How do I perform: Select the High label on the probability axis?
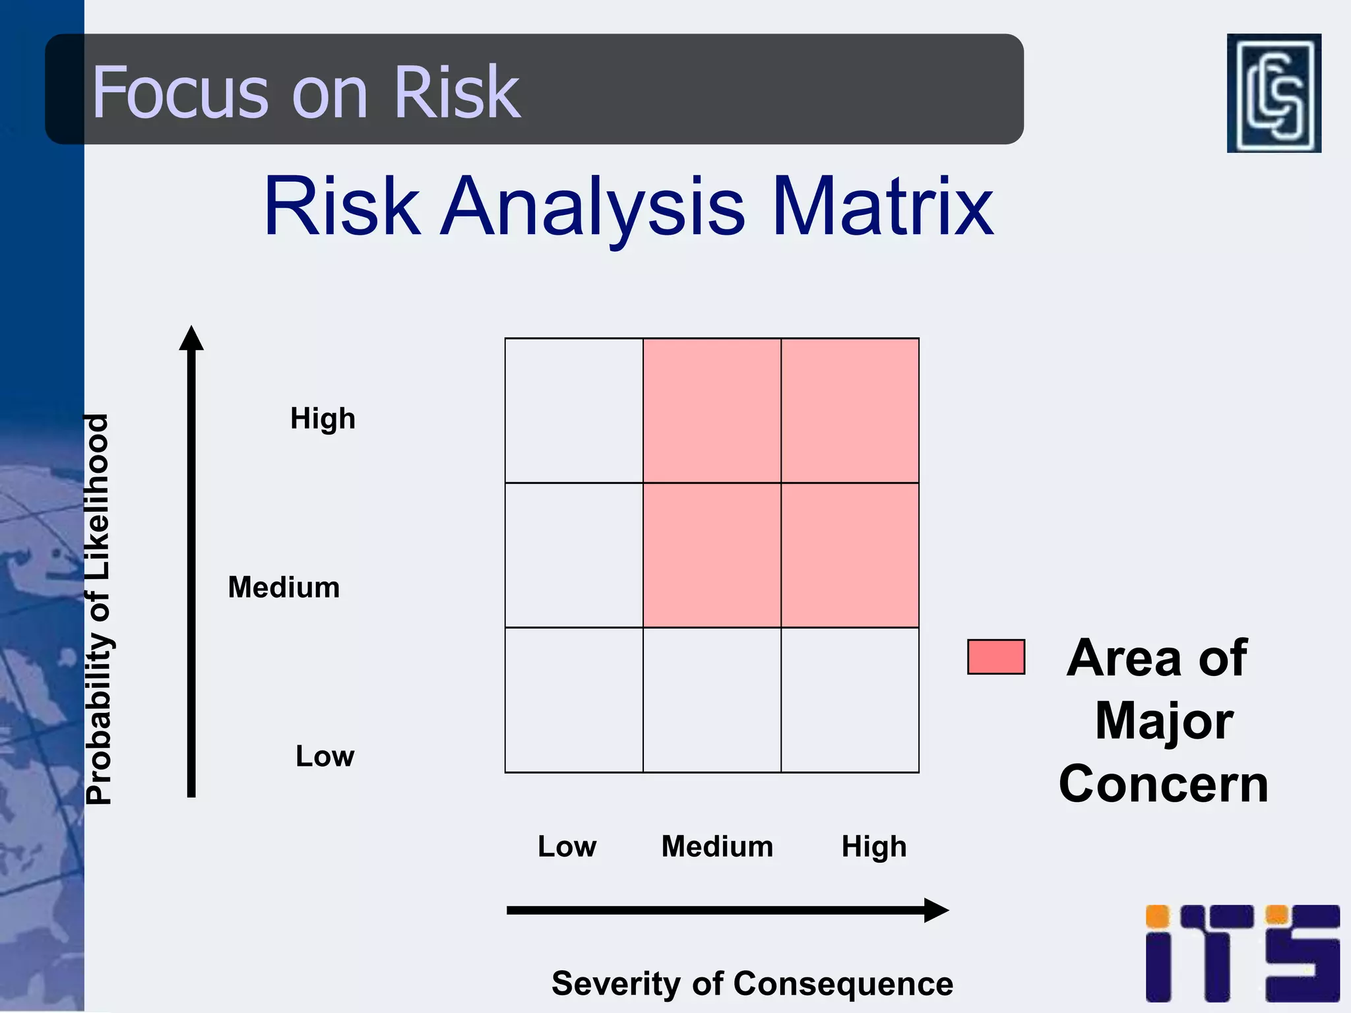point(323,418)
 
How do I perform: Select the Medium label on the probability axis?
point(284,587)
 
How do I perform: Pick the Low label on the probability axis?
point(325,756)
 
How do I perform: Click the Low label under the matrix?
point(567,846)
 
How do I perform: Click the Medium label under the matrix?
point(717,846)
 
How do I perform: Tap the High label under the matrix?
point(873,847)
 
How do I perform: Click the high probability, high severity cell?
point(850,410)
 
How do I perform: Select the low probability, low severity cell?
point(574,700)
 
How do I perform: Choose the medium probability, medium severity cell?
point(712,555)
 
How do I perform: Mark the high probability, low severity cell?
point(574,410)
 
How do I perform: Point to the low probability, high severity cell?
point(850,700)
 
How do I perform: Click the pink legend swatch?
point(995,657)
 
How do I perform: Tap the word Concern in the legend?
point(1164,784)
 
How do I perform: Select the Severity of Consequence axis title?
point(752,983)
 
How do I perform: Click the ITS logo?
point(1242,953)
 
